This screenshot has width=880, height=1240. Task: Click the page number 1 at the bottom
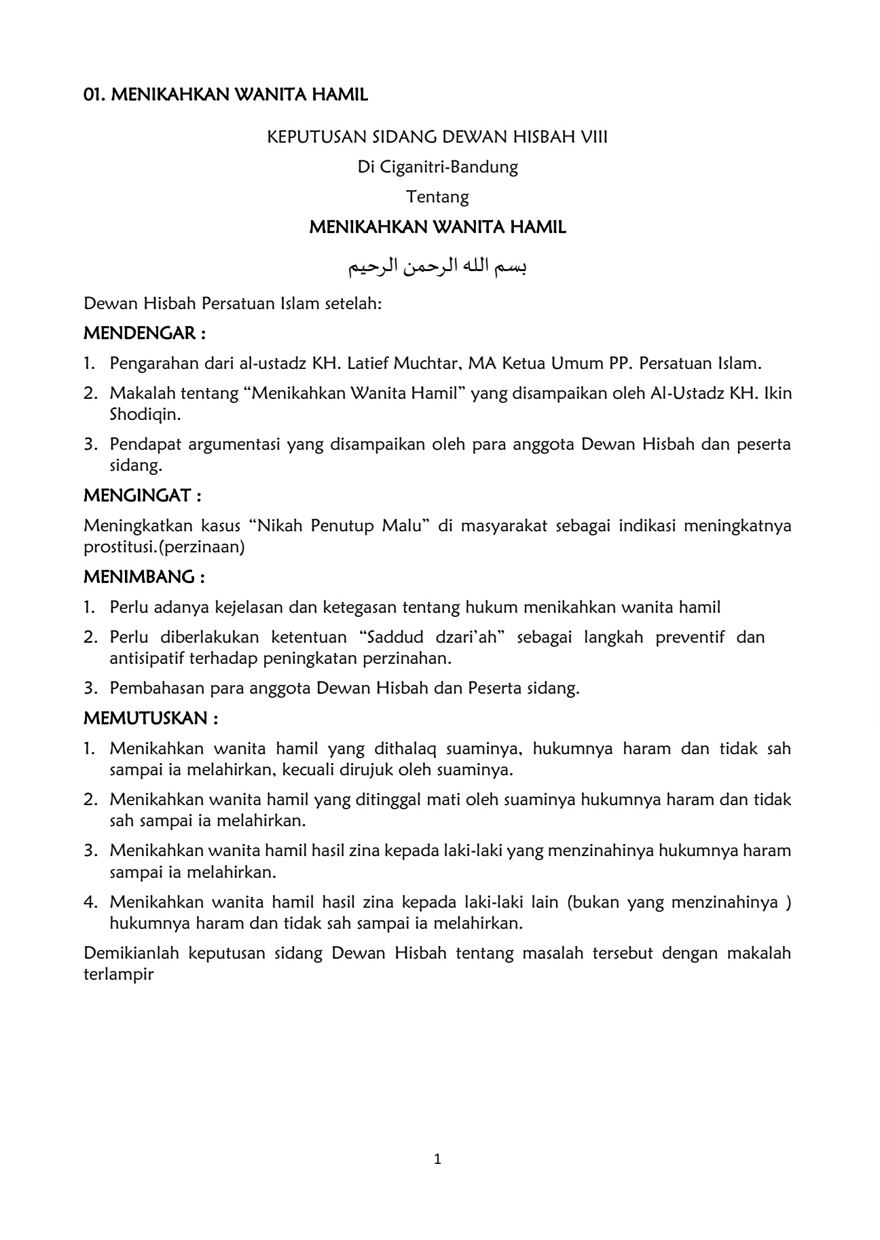pos(437,1159)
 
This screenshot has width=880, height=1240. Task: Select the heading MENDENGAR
pos(144,334)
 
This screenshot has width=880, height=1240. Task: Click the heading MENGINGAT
pos(142,496)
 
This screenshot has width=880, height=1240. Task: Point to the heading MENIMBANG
pos(144,577)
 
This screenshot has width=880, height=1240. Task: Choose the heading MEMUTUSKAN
pos(151,718)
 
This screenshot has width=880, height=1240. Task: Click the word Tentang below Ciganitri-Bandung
pos(437,197)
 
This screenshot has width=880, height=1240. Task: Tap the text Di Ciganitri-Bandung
pos(437,167)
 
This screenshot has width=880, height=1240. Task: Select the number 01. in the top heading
pos(94,95)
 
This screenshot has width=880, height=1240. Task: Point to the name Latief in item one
pos(368,364)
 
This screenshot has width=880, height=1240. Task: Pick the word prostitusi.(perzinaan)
pos(164,547)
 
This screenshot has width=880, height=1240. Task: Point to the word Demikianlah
pos(131,953)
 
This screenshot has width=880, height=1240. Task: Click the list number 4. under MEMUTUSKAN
pos(92,902)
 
